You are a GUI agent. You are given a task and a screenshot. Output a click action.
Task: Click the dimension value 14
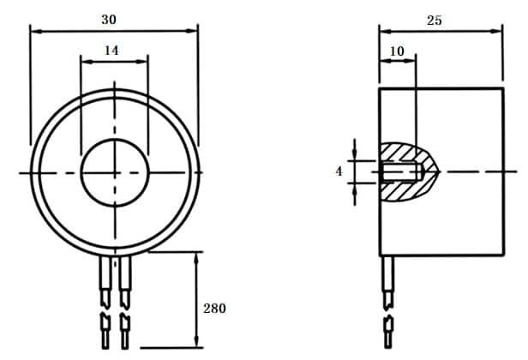point(111,51)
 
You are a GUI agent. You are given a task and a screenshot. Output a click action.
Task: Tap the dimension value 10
point(396,51)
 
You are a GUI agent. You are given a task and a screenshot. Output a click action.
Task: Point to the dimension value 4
point(339,171)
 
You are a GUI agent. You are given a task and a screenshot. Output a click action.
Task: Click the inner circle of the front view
point(114,172)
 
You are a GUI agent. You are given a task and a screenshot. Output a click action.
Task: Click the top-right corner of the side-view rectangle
point(502,87)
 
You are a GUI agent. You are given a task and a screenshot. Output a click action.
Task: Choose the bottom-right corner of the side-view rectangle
point(502,255)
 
